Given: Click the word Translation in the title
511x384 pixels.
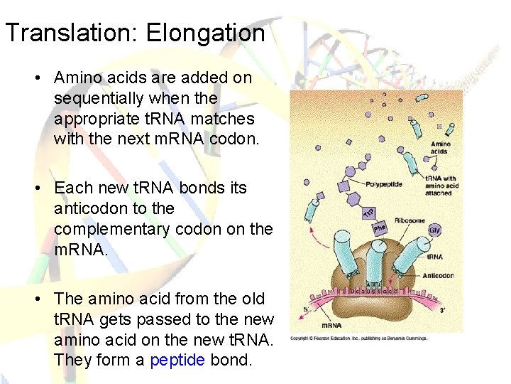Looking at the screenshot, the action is coord(66,33).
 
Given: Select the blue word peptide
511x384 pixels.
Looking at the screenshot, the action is coord(177,360).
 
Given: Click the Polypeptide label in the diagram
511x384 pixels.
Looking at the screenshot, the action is coord(384,184).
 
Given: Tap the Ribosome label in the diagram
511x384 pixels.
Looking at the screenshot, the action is coord(410,220).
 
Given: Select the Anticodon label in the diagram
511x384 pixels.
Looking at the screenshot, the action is coord(439,275).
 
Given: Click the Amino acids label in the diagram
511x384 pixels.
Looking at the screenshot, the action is coord(440,148).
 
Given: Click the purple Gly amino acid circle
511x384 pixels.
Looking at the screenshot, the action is coord(434,230).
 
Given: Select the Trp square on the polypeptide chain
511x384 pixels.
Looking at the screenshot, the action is coord(369,212).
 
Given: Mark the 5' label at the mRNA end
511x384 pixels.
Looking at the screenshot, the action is coord(307,308).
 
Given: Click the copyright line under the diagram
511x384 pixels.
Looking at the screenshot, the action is coord(359,338).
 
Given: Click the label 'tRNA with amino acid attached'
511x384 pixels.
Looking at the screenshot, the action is coord(441,186).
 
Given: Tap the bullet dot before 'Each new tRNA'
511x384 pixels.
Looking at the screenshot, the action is coord(43,188).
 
